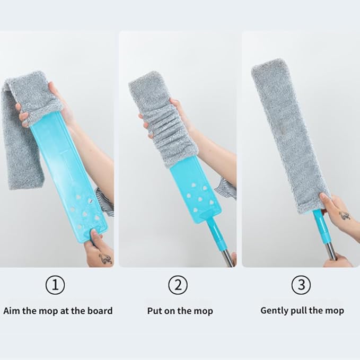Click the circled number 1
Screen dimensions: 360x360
(55, 285)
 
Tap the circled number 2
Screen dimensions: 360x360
(178, 285)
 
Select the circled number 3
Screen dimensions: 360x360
(301, 285)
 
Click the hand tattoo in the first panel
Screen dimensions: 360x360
(106, 259)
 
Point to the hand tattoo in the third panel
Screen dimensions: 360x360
(345, 216)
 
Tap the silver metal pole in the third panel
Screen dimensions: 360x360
(331, 251)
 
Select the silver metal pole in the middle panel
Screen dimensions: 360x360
(228, 257)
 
